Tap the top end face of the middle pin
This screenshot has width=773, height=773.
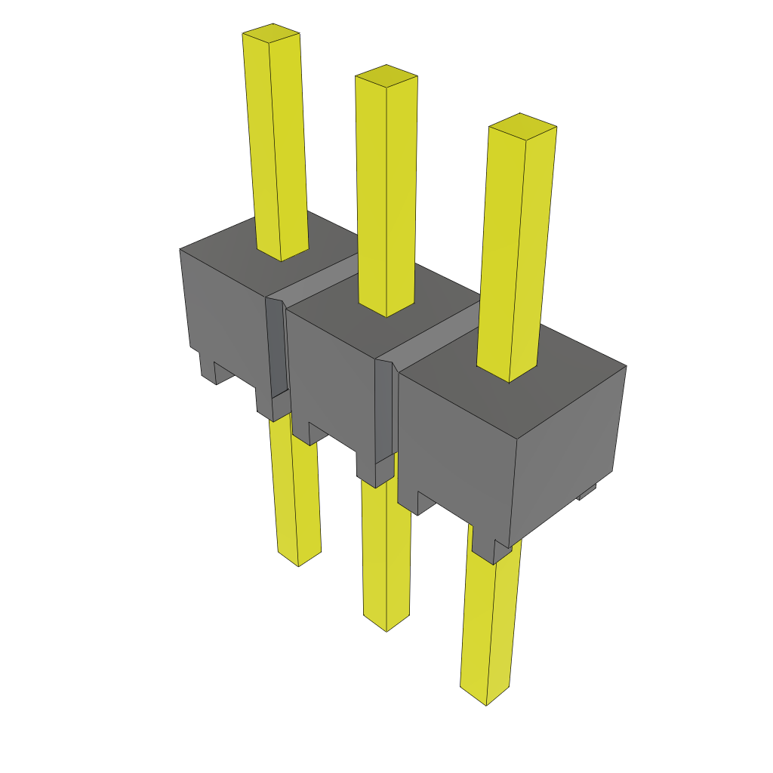pos(386,75)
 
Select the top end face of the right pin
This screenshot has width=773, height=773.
pos(522,125)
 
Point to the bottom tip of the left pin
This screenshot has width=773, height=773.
pos(298,559)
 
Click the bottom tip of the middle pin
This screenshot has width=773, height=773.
pos(386,624)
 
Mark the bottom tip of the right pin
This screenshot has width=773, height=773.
pos(485,698)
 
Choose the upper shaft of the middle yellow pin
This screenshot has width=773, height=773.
pos(386,189)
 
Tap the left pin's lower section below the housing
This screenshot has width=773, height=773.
pos(296,491)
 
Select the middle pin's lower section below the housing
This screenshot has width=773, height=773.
pos(386,551)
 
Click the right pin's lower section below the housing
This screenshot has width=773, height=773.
pos(489,627)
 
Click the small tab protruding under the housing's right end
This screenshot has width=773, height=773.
pos(587,492)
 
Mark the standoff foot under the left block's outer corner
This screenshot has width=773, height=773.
pos(207,366)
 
